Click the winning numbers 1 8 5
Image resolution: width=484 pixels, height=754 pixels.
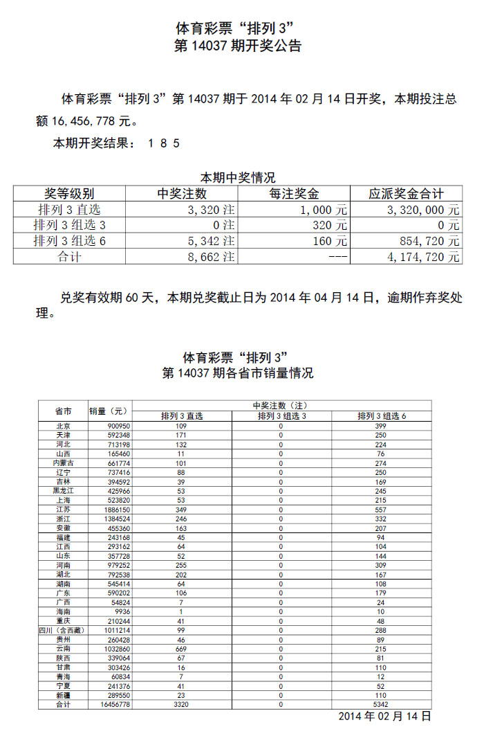click(x=165, y=143)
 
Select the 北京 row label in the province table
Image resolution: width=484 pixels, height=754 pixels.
click(x=63, y=426)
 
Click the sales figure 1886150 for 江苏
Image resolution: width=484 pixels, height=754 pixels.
click(x=109, y=509)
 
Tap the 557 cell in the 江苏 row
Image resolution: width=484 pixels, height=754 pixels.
click(x=381, y=509)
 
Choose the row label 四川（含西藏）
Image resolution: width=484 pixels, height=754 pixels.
click(x=63, y=631)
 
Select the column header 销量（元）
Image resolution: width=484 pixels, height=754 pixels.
click(x=109, y=411)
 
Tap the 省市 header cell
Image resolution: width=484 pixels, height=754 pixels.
click(x=63, y=411)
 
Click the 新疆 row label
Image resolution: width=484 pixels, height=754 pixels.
click(x=63, y=694)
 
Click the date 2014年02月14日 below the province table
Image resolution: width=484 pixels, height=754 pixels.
click(x=384, y=716)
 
